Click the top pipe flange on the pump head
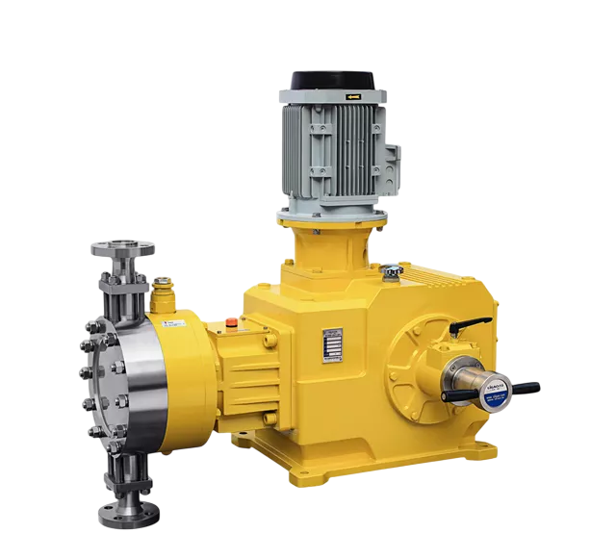124,249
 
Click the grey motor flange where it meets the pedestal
332,214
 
